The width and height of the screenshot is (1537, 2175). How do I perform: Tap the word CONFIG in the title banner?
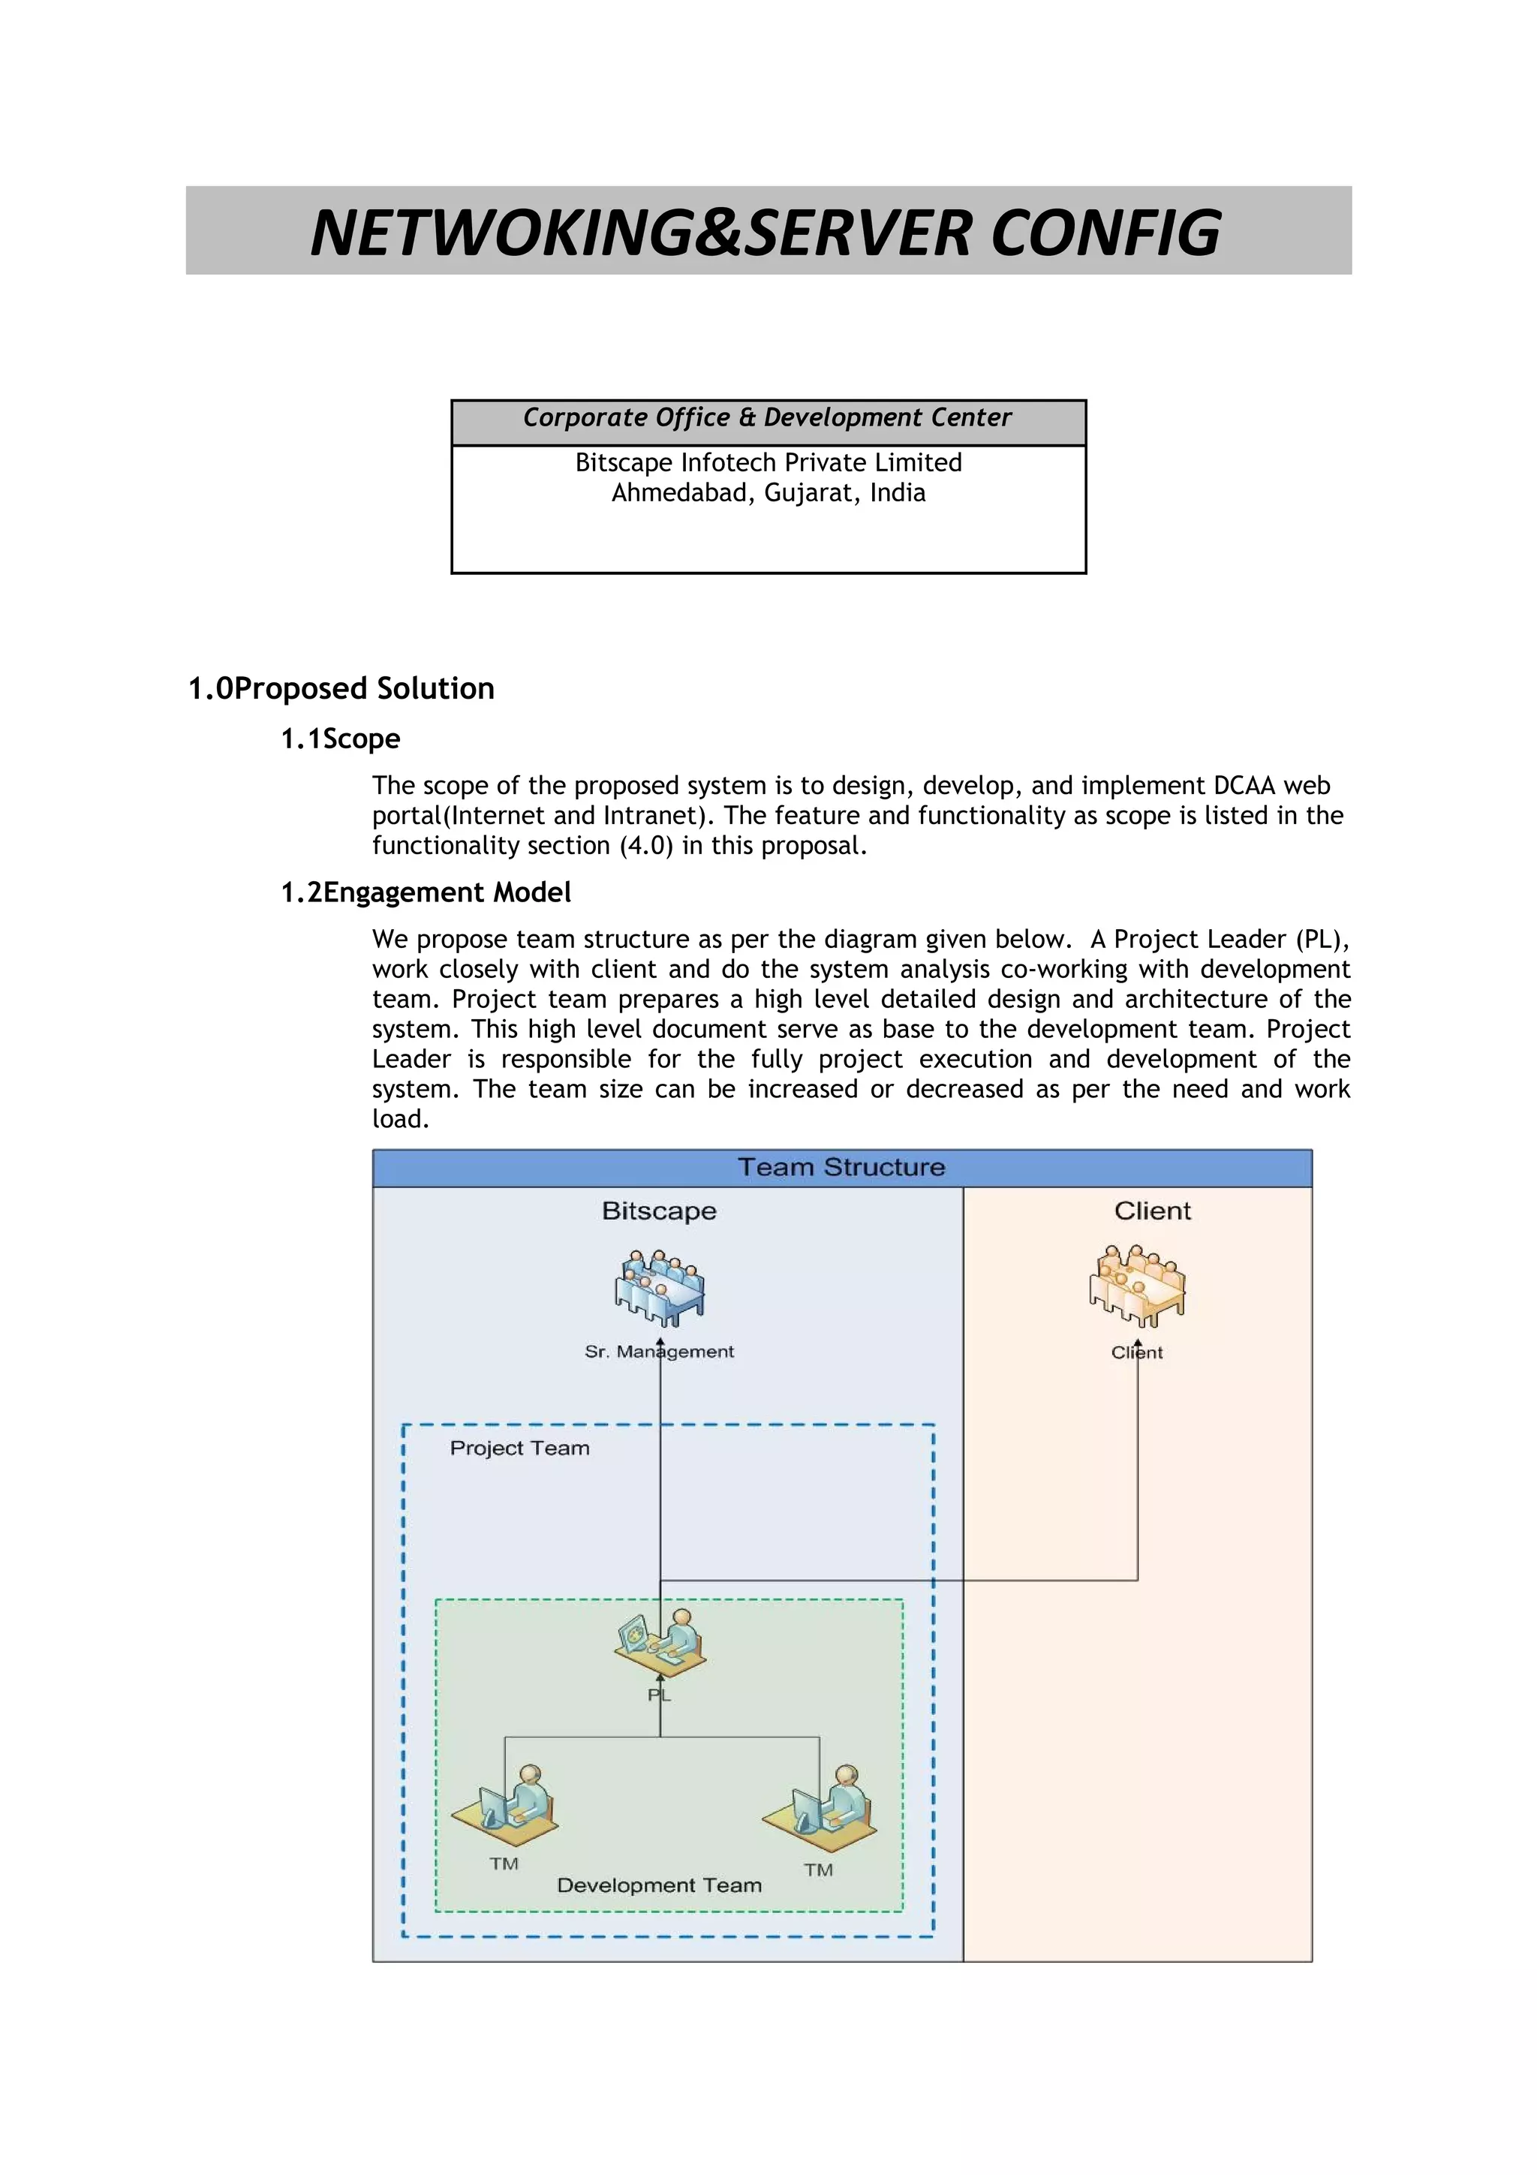(x=1105, y=233)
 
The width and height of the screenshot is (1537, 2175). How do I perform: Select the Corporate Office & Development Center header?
(x=767, y=418)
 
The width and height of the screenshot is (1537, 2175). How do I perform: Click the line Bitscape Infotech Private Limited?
(x=768, y=462)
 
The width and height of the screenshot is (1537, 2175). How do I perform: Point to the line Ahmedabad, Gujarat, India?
(x=768, y=492)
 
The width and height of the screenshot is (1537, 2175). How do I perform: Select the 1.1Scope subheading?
(x=340, y=739)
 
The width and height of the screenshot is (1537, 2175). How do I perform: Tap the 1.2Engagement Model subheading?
(x=426, y=892)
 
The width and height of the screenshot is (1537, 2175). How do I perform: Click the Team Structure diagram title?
(x=841, y=1167)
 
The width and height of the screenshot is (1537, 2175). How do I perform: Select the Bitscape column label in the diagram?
(x=659, y=1211)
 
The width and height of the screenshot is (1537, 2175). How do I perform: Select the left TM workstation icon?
(x=505, y=1803)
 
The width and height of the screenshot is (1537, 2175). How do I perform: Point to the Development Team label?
(x=659, y=1885)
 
